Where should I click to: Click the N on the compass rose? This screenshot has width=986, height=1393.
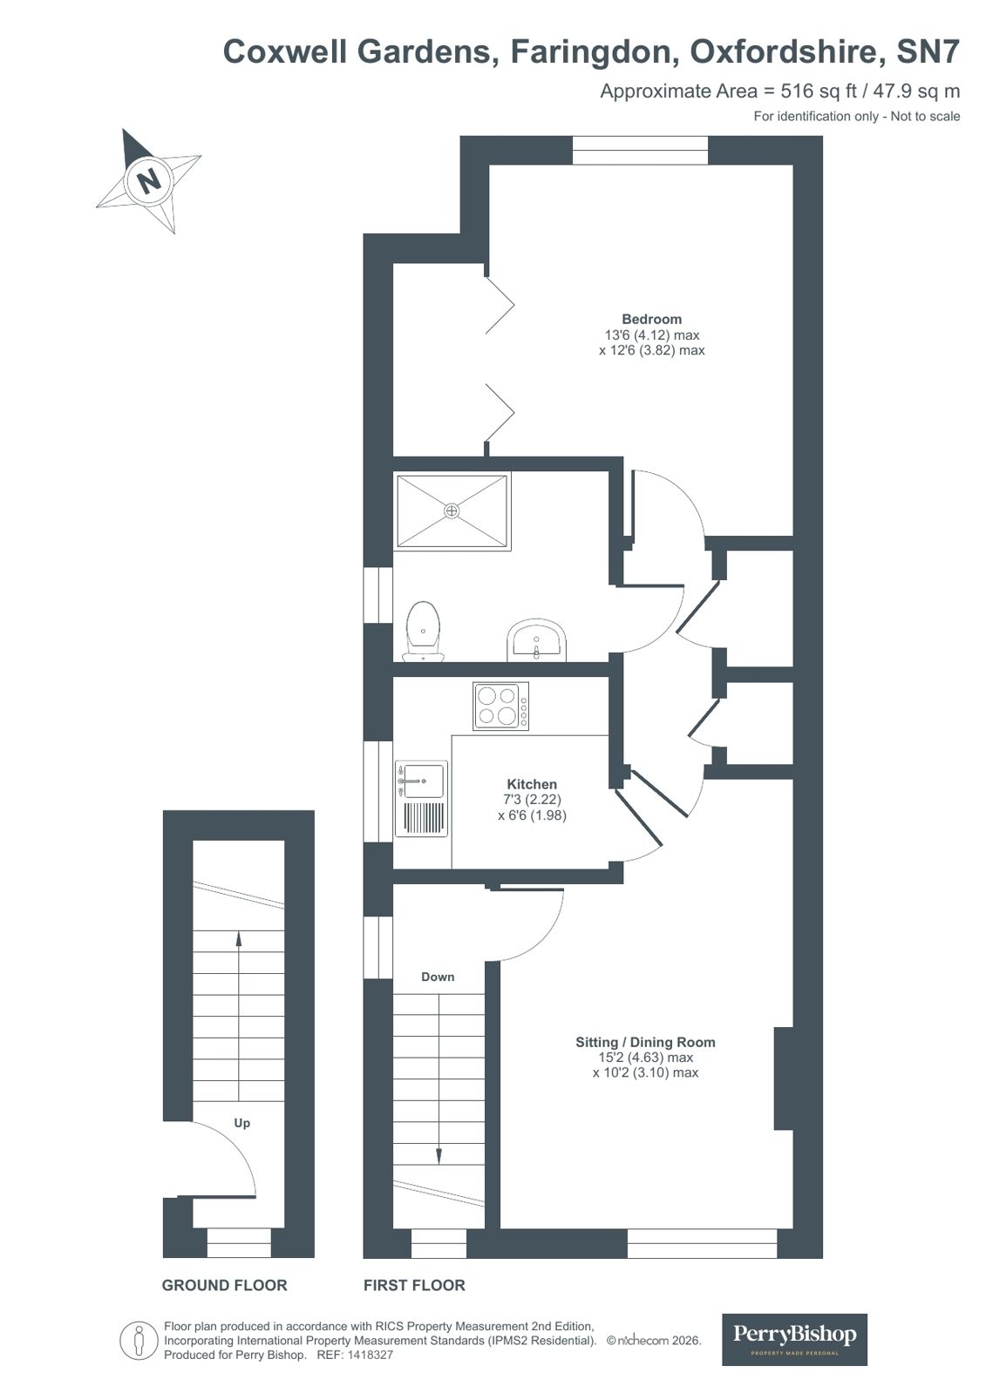click(149, 180)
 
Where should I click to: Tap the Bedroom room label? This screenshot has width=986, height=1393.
click(651, 319)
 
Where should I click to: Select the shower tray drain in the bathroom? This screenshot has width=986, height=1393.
click(452, 511)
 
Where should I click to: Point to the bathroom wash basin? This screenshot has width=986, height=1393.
click(537, 640)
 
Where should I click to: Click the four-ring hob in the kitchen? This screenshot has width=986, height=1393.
click(500, 706)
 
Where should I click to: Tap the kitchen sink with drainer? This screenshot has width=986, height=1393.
click(422, 798)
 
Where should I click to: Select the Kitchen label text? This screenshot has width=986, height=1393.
click(532, 784)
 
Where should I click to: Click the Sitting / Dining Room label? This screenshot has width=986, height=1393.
click(645, 1042)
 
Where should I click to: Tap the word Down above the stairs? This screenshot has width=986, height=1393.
click(438, 977)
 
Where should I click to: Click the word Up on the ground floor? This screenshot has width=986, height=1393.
click(242, 1123)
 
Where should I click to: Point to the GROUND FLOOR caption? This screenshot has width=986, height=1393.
click(224, 1285)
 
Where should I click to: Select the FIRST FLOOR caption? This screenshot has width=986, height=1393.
click(414, 1285)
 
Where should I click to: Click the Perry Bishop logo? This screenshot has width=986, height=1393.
click(794, 1339)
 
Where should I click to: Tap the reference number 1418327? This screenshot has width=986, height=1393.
click(371, 1356)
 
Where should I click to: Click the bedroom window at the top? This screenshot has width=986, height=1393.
click(640, 150)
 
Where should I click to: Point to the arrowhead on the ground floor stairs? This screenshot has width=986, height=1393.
click(239, 938)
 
